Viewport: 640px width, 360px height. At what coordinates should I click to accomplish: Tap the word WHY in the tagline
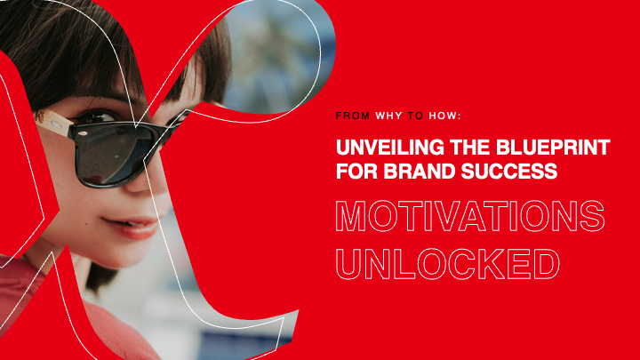pos(388,116)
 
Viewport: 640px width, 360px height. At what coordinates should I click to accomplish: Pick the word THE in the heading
pos(472,147)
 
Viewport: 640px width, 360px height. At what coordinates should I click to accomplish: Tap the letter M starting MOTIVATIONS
pos(354,217)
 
